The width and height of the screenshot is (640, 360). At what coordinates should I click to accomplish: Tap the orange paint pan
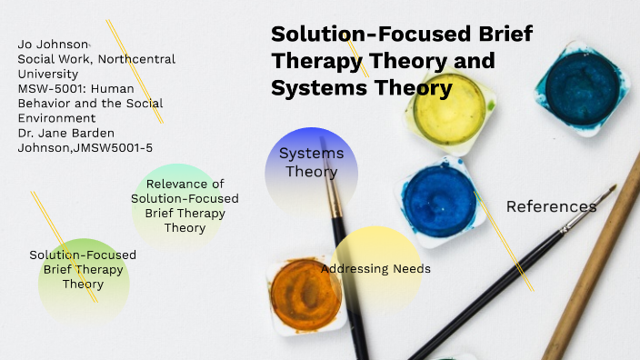click(x=305, y=291)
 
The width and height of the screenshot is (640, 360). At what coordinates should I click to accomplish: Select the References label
click(x=551, y=206)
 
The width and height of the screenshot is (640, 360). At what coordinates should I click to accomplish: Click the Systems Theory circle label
click(x=311, y=163)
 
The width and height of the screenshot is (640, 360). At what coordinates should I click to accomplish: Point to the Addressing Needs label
click(x=375, y=269)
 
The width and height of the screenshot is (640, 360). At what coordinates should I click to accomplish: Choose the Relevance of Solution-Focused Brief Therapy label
click(x=185, y=205)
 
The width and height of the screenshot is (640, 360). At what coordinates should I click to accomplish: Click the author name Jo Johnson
click(x=54, y=45)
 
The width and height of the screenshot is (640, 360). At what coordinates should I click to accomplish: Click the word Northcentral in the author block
click(x=137, y=59)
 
